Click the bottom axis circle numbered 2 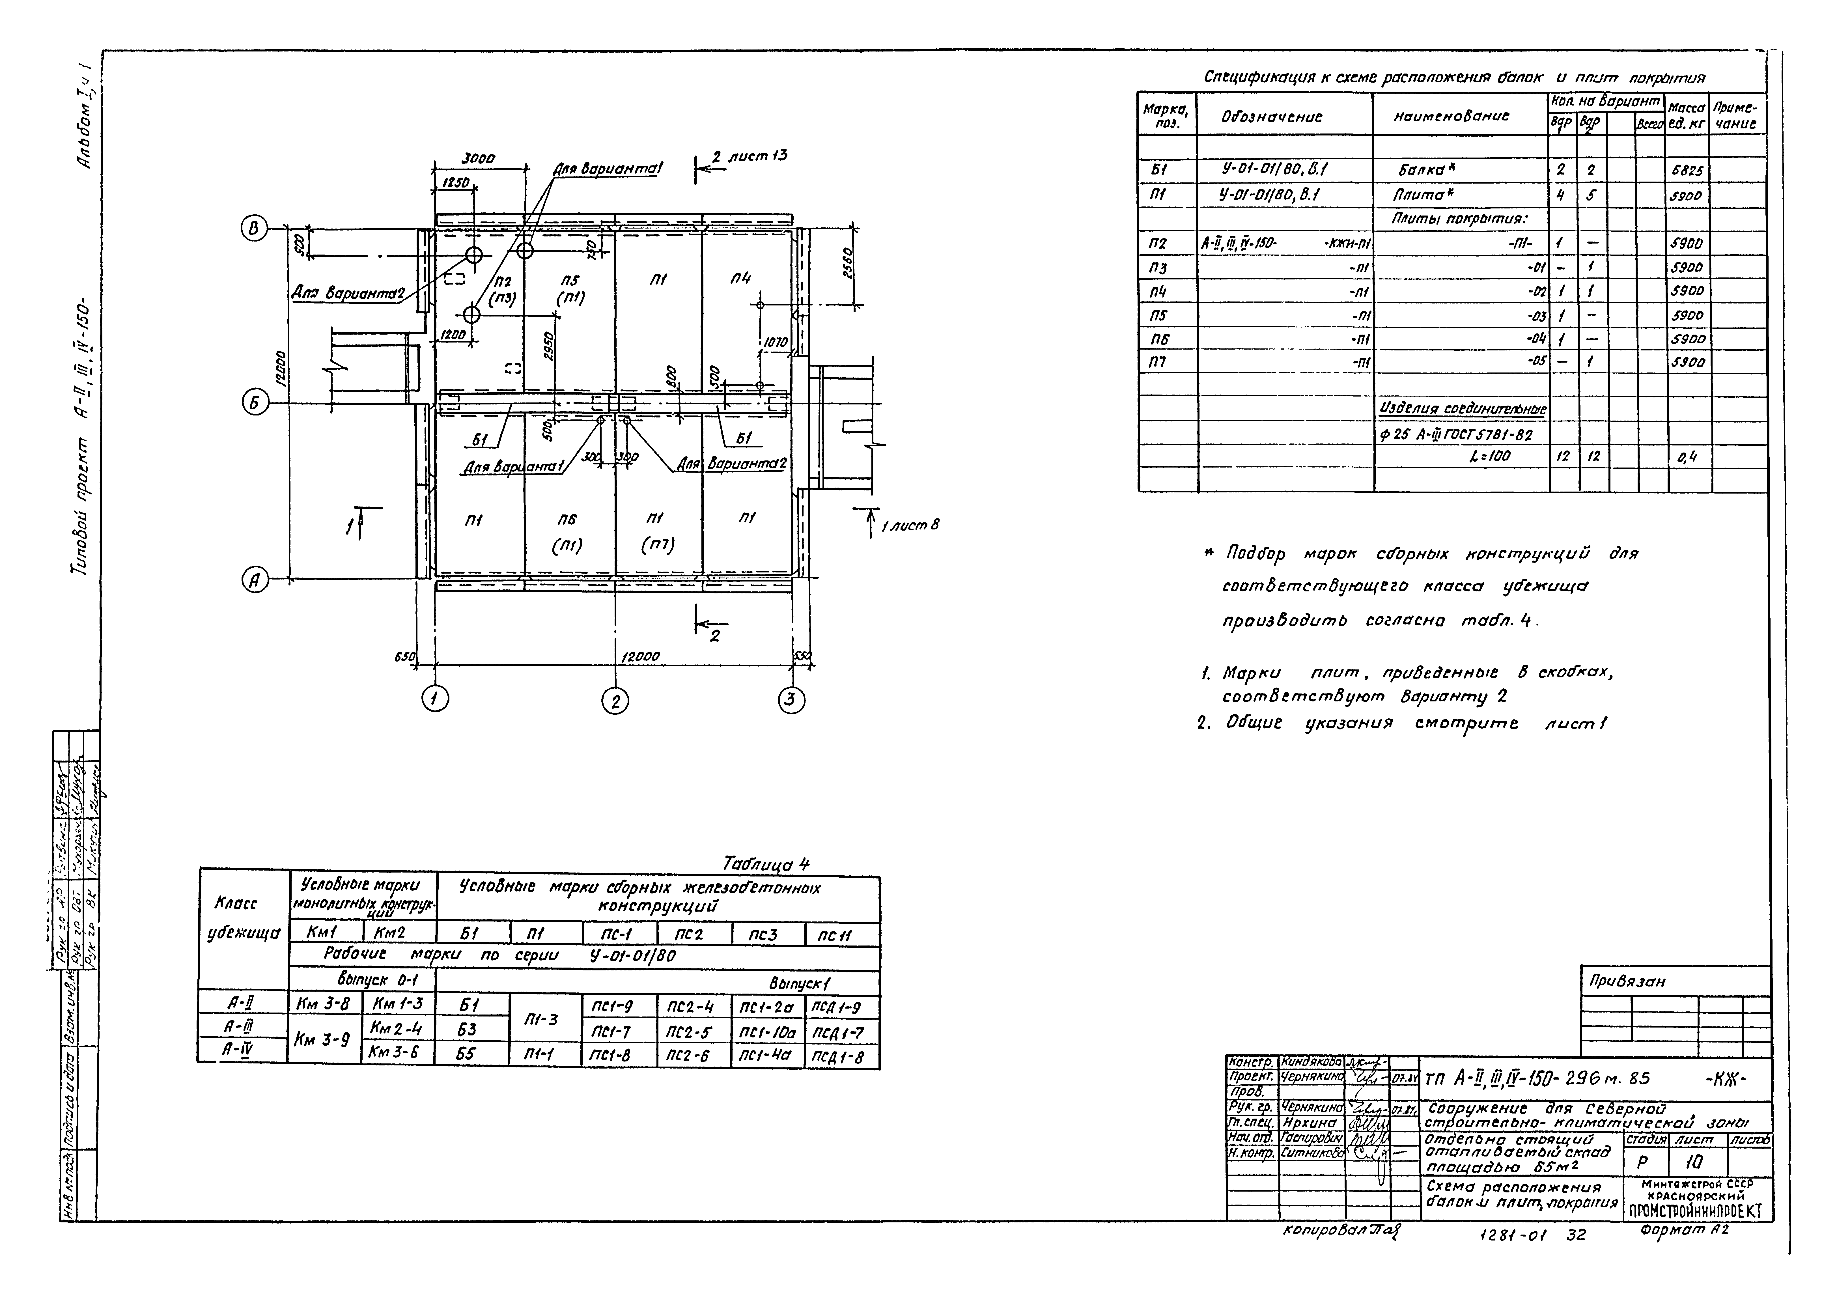615,701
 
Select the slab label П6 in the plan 567,520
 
